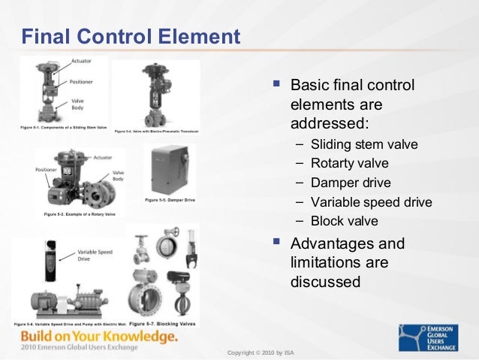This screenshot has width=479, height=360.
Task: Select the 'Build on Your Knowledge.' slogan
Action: tap(99, 335)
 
